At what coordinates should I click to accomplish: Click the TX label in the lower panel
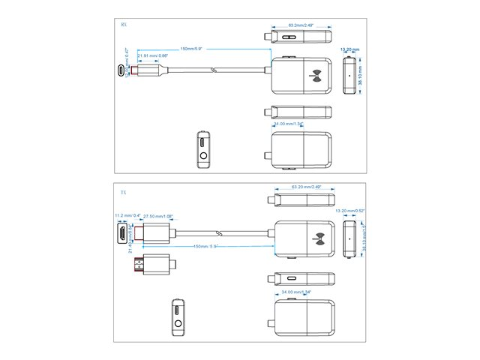(124, 193)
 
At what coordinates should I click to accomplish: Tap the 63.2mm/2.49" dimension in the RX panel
(301, 25)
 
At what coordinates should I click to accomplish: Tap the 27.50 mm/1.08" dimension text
(158, 216)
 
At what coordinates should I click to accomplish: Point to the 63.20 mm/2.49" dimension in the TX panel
(301, 188)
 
